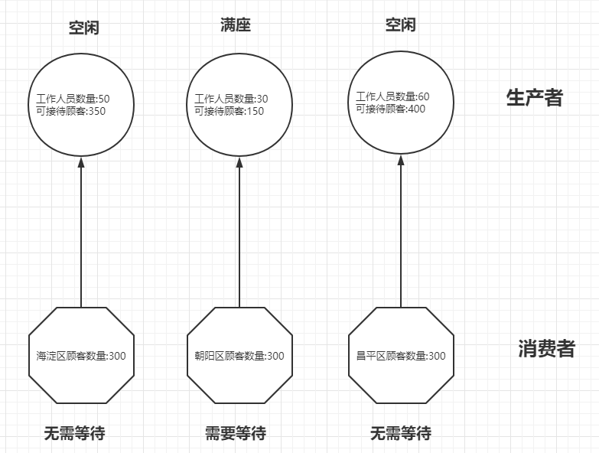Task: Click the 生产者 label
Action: click(534, 98)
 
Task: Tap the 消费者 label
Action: click(546, 349)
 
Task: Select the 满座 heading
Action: click(235, 25)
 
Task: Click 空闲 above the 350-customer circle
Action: click(83, 28)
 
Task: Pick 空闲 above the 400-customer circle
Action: click(400, 25)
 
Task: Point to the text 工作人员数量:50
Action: click(73, 99)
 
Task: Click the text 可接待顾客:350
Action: click(70, 111)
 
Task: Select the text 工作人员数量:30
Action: click(231, 99)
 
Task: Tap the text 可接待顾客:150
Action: click(229, 111)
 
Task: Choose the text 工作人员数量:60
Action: click(392, 96)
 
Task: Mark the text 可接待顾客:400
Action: click(390, 109)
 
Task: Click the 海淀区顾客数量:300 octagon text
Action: click(81, 356)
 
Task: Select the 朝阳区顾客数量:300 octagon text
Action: click(239, 356)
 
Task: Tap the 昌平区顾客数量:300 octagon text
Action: click(401, 356)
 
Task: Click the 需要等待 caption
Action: click(236, 433)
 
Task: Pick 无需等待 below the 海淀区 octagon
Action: click(74, 433)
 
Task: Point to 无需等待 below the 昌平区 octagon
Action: click(400, 433)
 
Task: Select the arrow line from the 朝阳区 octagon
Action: click(239, 237)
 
